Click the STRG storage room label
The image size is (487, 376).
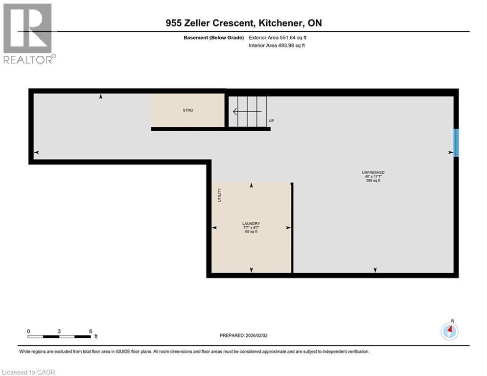(x=188, y=110)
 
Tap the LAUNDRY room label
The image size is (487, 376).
(x=252, y=223)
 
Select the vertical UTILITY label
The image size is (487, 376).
(x=219, y=195)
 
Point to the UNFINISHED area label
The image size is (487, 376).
(x=373, y=172)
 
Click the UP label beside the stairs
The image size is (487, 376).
(x=271, y=120)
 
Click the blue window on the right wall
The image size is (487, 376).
(x=456, y=143)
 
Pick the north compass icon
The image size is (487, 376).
(x=449, y=331)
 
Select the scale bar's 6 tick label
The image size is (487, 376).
(x=91, y=331)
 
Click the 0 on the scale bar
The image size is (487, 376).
(x=28, y=331)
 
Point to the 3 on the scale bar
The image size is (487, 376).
(x=59, y=331)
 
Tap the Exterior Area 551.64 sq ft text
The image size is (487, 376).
(x=278, y=37)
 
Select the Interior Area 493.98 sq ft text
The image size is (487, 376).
(x=277, y=46)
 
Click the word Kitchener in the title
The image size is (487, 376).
(x=277, y=23)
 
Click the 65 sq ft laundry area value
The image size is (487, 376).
(x=252, y=232)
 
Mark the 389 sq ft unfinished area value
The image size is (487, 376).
(x=373, y=181)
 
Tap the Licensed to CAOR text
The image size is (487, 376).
(x=29, y=372)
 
